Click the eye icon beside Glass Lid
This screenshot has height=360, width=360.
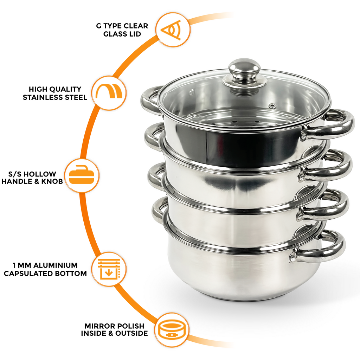tap(173, 30)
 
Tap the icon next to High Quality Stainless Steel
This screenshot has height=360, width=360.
tap(109, 93)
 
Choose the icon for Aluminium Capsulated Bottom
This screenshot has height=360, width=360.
tap(109, 269)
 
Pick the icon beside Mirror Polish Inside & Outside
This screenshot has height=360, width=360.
tap(172, 330)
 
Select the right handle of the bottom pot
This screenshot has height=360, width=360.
tap(322, 248)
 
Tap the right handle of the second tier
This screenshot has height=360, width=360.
tap(329, 165)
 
